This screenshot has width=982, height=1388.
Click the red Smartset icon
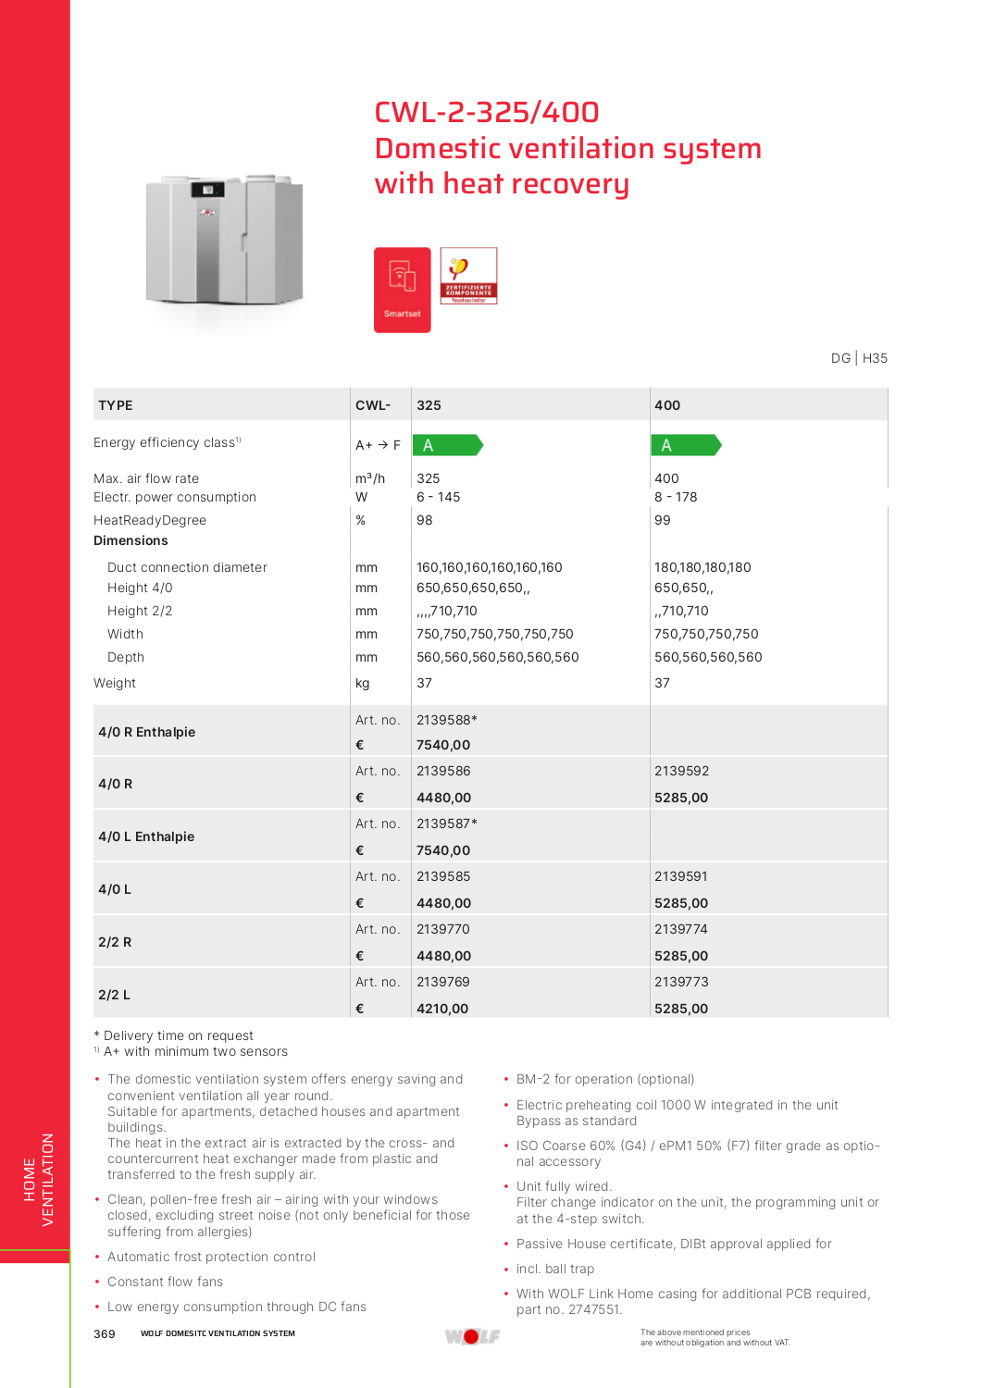(402, 290)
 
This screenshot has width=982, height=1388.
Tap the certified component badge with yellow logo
(468, 276)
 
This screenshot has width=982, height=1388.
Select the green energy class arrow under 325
(447, 445)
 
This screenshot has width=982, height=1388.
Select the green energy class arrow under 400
(685, 445)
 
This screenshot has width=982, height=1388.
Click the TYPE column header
(116, 405)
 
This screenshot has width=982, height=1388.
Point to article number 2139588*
(446, 720)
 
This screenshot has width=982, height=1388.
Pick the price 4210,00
(442, 1009)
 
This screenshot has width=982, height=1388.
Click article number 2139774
(681, 929)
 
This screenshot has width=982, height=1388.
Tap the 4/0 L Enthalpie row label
(146, 837)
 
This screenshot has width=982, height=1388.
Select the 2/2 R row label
(115, 942)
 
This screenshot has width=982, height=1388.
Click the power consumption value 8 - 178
(676, 497)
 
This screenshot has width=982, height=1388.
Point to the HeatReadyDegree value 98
(425, 520)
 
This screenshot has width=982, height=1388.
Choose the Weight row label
(115, 683)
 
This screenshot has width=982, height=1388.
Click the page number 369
(105, 1333)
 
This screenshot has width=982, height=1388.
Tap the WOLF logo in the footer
(472, 1336)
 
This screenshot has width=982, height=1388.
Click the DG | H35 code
(859, 358)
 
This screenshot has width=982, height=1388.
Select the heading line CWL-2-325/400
(487, 112)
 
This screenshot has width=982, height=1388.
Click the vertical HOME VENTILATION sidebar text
(39, 1180)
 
